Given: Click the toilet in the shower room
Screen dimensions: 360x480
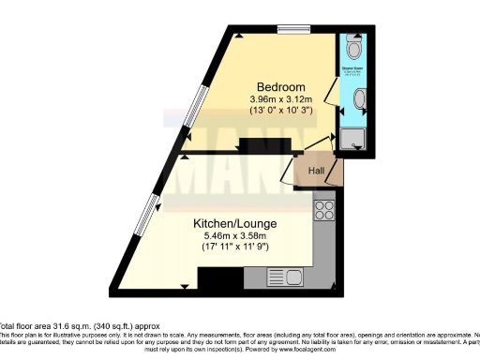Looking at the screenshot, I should coord(352,48).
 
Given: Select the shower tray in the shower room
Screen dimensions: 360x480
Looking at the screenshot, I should coord(352,141).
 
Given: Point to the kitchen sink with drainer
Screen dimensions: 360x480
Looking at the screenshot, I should coord(282,277).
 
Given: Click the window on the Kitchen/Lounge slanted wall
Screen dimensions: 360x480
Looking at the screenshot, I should coord(146,223).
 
